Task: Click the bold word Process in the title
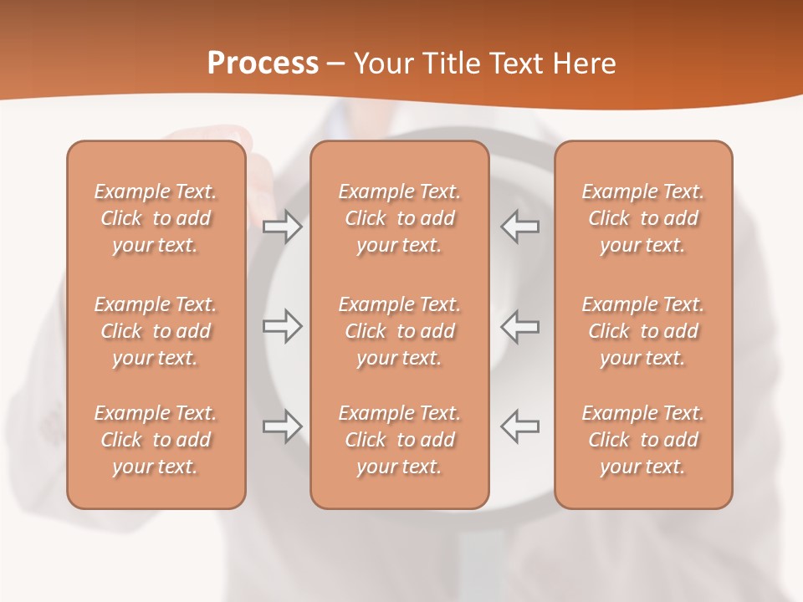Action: pos(263,64)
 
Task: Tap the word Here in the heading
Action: pos(585,64)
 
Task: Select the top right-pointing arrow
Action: pos(283,227)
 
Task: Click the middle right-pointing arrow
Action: pos(283,326)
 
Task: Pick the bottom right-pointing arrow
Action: pos(283,426)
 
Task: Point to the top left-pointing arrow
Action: pos(519,227)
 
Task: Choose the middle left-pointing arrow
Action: pos(519,326)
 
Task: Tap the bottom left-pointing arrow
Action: pos(519,426)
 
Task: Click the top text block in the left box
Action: pos(156,218)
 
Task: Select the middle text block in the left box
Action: pos(156,331)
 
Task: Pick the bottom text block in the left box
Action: pos(156,440)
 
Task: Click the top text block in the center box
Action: pos(399,218)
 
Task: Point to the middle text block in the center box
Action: pos(399,331)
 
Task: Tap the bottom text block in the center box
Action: pos(399,440)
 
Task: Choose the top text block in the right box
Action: pos(642,218)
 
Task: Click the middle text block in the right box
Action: pos(642,331)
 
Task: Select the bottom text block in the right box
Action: pos(642,440)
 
